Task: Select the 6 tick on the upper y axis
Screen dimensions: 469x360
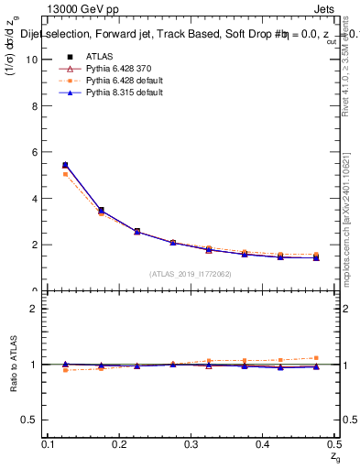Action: (x=36, y=152)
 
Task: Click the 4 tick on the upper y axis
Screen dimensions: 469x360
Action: (x=36, y=199)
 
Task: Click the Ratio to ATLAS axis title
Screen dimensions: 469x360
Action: (x=13, y=365)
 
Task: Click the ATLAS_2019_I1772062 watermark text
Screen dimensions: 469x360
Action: (x=191, y=274)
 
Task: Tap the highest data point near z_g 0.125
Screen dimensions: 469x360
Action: (x=65, y=165)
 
